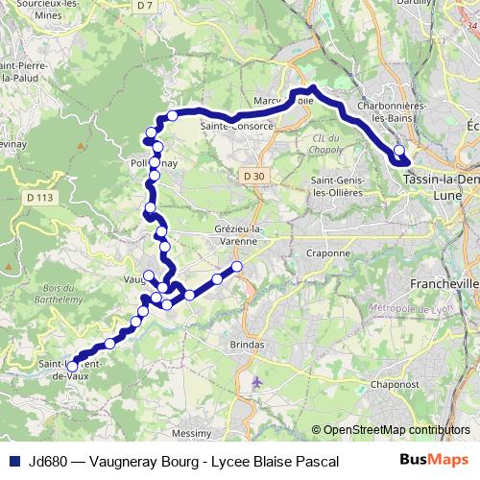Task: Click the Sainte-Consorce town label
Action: pos(231,126)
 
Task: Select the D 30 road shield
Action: pos(253,177)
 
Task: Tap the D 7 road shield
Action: pos(145,6)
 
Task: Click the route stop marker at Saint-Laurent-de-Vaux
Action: pos(72,366)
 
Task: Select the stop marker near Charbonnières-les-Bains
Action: pos(399,150)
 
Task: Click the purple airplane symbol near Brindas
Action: pos(255,382)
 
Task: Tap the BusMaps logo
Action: pos(441,460)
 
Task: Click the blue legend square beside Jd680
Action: pos(13,461)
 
